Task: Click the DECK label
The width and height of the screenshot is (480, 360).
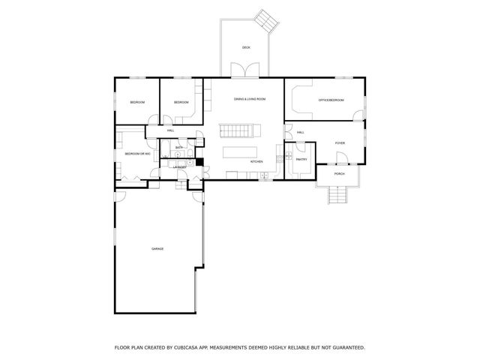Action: [246, 47]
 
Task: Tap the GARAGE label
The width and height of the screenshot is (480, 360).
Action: [157, 249]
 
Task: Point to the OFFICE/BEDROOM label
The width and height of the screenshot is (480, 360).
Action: [330, 99]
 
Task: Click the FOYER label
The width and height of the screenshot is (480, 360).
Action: [340, 142]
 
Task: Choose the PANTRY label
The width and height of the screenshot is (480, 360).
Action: [301, 159]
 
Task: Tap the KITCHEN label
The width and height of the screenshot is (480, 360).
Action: [256, 162]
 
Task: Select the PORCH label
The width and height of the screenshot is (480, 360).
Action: [340, 174]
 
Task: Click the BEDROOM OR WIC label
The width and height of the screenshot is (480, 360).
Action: [138, 154]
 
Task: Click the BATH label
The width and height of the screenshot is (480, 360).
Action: [179, 148]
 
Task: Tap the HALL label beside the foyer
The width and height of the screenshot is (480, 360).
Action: [300, 133]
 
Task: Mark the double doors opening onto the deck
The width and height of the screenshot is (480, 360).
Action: [246, 71]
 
